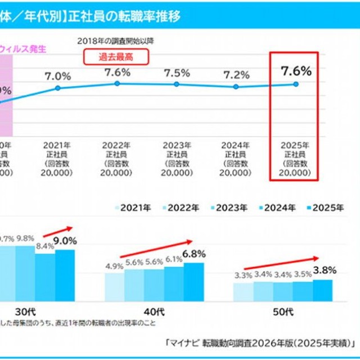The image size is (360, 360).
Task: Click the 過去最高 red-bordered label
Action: pyautogui.click(x=116, y=56)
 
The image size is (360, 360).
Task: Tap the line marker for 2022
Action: pyautogui.click(x=117, y=83)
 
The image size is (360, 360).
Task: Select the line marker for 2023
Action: pyautogui.click(x=177, y=84)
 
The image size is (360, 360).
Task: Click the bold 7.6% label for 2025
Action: pyautogui.click(x=295, y=71)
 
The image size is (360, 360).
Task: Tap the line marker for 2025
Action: pyautogui.click(x=295, y=84)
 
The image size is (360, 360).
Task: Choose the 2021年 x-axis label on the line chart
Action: pyautogui.click(x=58, y=144)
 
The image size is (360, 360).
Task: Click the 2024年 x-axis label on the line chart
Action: pyautogui.click(x=236, y=144)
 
